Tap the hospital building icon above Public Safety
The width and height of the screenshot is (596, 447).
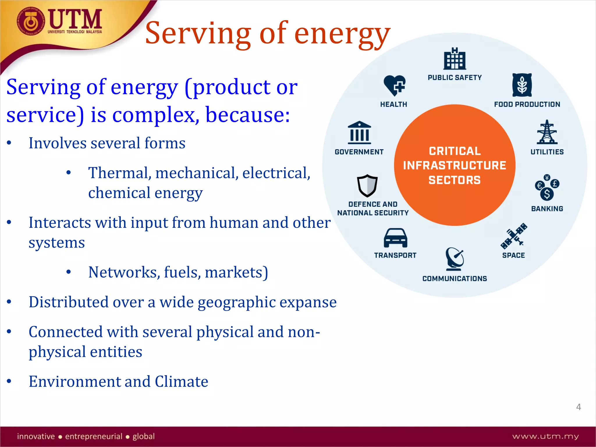(x=455, y=59)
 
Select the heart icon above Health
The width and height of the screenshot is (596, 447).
(x=394, y=85)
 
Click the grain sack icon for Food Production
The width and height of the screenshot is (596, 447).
(x=522, y=85)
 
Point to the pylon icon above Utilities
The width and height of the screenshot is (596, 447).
(x=547, y=132)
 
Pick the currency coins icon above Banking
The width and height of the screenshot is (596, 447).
(x=547, y=188)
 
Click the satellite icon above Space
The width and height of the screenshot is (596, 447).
(x=514, y=236)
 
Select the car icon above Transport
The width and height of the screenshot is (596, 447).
(x=395, y=238)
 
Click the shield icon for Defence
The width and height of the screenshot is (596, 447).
(x=367, y=186)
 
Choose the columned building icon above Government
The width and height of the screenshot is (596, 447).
(x=359, y=133)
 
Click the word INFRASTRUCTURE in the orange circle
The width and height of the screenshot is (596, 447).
(x=455, y=165)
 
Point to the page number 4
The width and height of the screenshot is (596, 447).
(x=579, y=407)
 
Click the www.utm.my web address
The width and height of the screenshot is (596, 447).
(x=545, y=436)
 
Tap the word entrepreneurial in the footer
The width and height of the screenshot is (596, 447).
(x=94, y=436)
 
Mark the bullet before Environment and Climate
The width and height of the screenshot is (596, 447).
(x=9, y=381)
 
